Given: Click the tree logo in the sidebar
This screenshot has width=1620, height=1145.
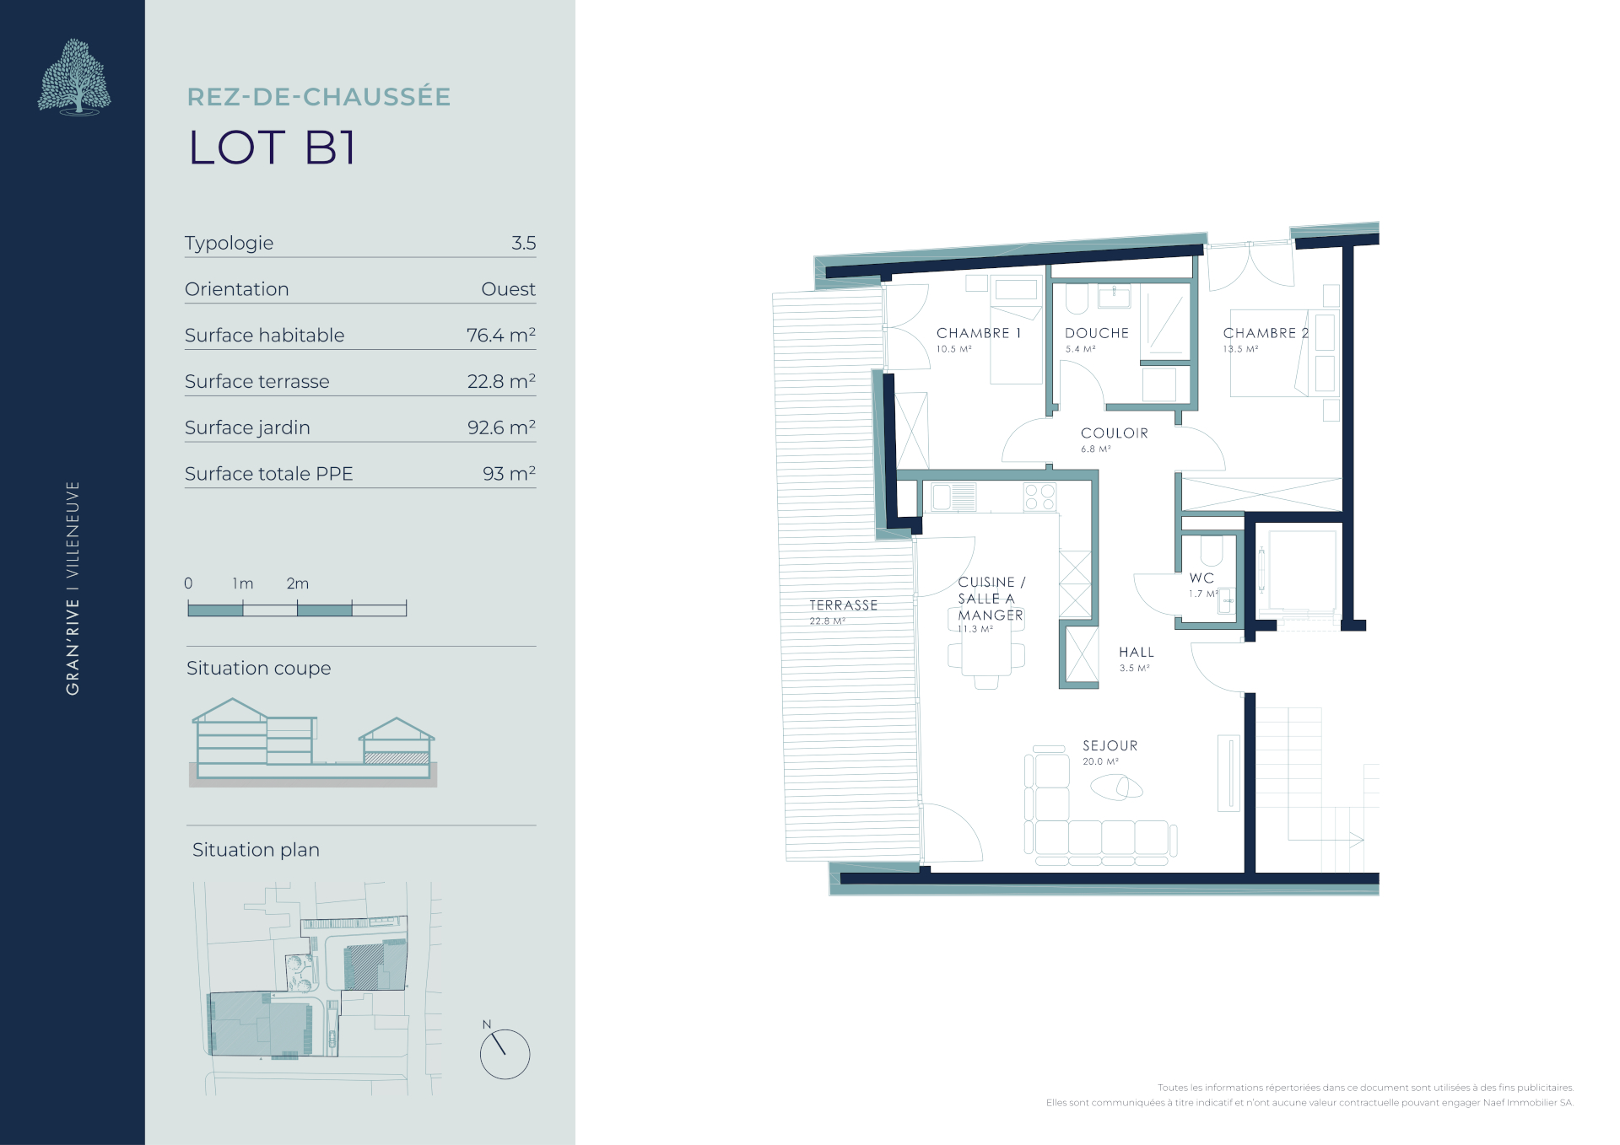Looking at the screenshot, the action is click(x=74, y=77).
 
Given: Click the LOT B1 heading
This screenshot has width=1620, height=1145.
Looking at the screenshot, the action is click(x=272, y=148).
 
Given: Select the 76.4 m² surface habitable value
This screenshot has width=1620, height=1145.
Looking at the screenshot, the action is click(x=501, y=335).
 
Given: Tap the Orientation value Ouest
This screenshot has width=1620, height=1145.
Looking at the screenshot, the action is click(x=508, y=289).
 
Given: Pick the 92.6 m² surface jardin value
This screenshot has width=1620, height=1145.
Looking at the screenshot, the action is click(x=501, y=427).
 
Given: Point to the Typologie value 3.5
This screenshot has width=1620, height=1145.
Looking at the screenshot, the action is click(x=523, y=243).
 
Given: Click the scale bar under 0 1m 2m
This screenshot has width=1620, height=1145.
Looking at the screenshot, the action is click(x=297, y=609).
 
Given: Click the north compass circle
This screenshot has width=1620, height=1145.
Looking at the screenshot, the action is click(x=505, y=1054).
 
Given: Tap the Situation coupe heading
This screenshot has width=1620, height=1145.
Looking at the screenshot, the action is click(x=258, y=669).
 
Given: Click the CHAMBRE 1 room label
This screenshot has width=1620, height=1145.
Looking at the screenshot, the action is click(x=979, y=333).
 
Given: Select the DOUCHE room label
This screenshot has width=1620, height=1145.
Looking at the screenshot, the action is click(x=1097, y=333).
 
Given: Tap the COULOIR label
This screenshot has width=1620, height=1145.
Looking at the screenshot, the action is click(x=1115, y=433).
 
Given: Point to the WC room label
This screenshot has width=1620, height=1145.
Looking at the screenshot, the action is click(x=1201, y=578).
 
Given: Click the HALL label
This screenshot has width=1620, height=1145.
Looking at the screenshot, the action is click(x=1137, y=653).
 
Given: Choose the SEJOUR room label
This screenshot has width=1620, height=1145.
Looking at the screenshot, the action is click(x=1110, y=746).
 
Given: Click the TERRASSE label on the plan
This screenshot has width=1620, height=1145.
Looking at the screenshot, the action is click(x=844, y=605).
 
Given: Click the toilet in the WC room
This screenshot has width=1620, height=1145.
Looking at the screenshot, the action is click(x=1212, y=550).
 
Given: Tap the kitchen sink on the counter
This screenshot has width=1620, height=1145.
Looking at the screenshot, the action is click(x=953, y=497).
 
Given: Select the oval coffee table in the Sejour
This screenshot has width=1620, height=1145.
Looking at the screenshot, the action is click(x=1116, y=788).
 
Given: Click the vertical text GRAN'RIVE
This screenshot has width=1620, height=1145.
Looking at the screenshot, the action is click(x=73, y=647).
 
